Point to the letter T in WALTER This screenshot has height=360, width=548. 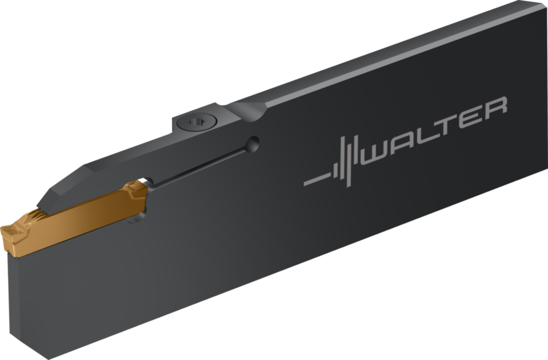click(453, 125)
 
